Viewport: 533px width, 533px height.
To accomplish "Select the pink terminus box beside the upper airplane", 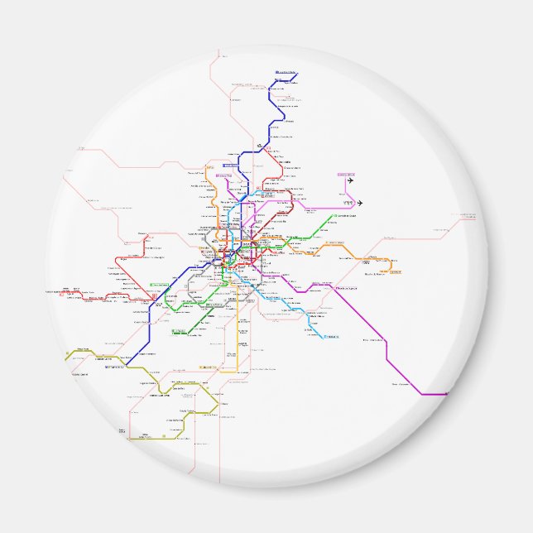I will click(x=344, y=175).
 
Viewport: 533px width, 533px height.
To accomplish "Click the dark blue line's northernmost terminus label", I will click(x=286, y=73).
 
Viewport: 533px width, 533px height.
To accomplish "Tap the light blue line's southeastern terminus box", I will click(x=332, y=336).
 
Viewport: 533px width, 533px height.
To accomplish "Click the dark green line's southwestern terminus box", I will click(x=179, y=332).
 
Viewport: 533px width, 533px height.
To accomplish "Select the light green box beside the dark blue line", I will click(x=158, y=286).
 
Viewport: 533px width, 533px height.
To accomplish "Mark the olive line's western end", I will click(x=66, y=358).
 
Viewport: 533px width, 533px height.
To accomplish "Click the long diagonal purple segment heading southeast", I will click(x=364, y=319).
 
